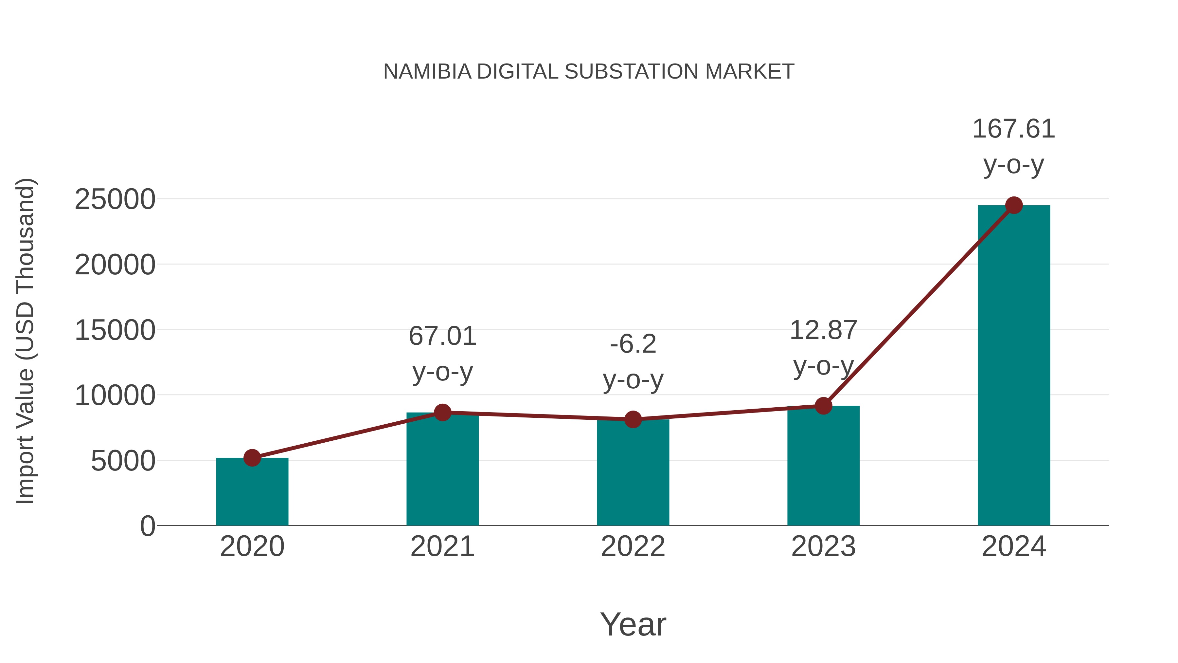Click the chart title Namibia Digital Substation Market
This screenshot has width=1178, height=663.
click(589, 72)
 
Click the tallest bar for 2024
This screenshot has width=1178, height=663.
click(1014, 366)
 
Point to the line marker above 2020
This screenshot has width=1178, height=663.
click(252, 458)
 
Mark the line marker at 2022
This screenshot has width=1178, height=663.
click(633, 419)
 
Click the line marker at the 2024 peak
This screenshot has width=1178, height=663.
click(1014, 205)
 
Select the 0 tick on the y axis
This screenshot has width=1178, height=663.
click(147, 526)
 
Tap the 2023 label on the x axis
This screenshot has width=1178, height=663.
click(823, 546)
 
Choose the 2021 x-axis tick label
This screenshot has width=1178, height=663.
click(442, 546)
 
